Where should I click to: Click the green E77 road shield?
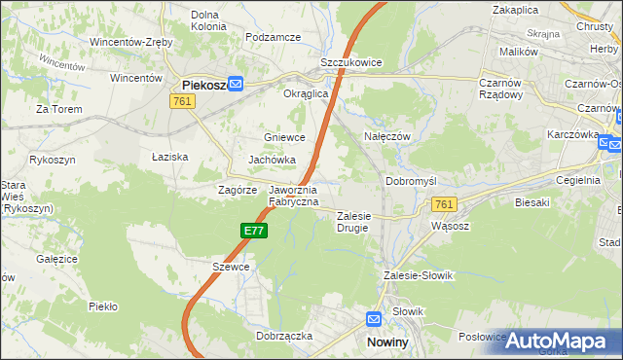point(254,231)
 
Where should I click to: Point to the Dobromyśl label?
point(416,182)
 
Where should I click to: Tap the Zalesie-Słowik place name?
point(420,275)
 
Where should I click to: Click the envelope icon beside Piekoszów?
point(236,85)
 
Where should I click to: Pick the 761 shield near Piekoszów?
point(181,100)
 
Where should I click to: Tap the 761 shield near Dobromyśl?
point(444,204)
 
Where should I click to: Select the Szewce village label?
point(232,267)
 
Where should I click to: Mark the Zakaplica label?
point(516,9)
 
